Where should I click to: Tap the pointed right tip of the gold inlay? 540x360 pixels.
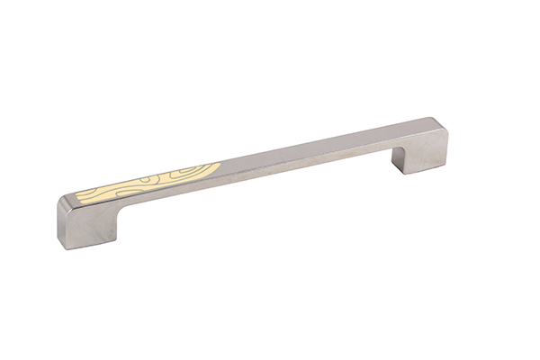point(219,165)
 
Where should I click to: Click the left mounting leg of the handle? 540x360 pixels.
point(85,220)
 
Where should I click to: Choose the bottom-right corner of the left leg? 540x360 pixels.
point(116,238)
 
